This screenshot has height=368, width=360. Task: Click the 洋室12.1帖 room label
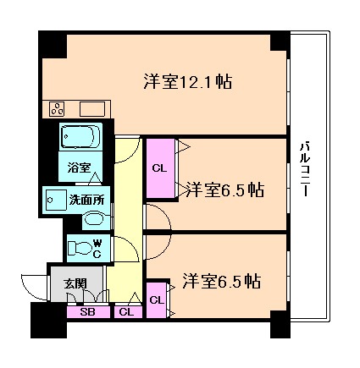coord(187,82)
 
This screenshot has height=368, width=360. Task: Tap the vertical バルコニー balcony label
coord(303,169)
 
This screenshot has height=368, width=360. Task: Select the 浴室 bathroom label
coord(80,168)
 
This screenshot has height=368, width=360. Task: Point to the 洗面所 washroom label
coord(86,200)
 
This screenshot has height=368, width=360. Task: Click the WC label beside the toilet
coord(97,249)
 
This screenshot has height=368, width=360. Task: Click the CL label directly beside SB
coord(126,312)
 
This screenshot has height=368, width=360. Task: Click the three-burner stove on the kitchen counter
coord(58,108)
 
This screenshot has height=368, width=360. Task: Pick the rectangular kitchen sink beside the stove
coord(91,108)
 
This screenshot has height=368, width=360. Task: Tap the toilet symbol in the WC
coord(80,248)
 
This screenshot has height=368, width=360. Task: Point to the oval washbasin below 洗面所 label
coord(95,219)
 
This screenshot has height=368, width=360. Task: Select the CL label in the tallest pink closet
coord(158,167)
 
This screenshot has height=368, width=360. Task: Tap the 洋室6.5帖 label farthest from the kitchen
coord(219,282)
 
